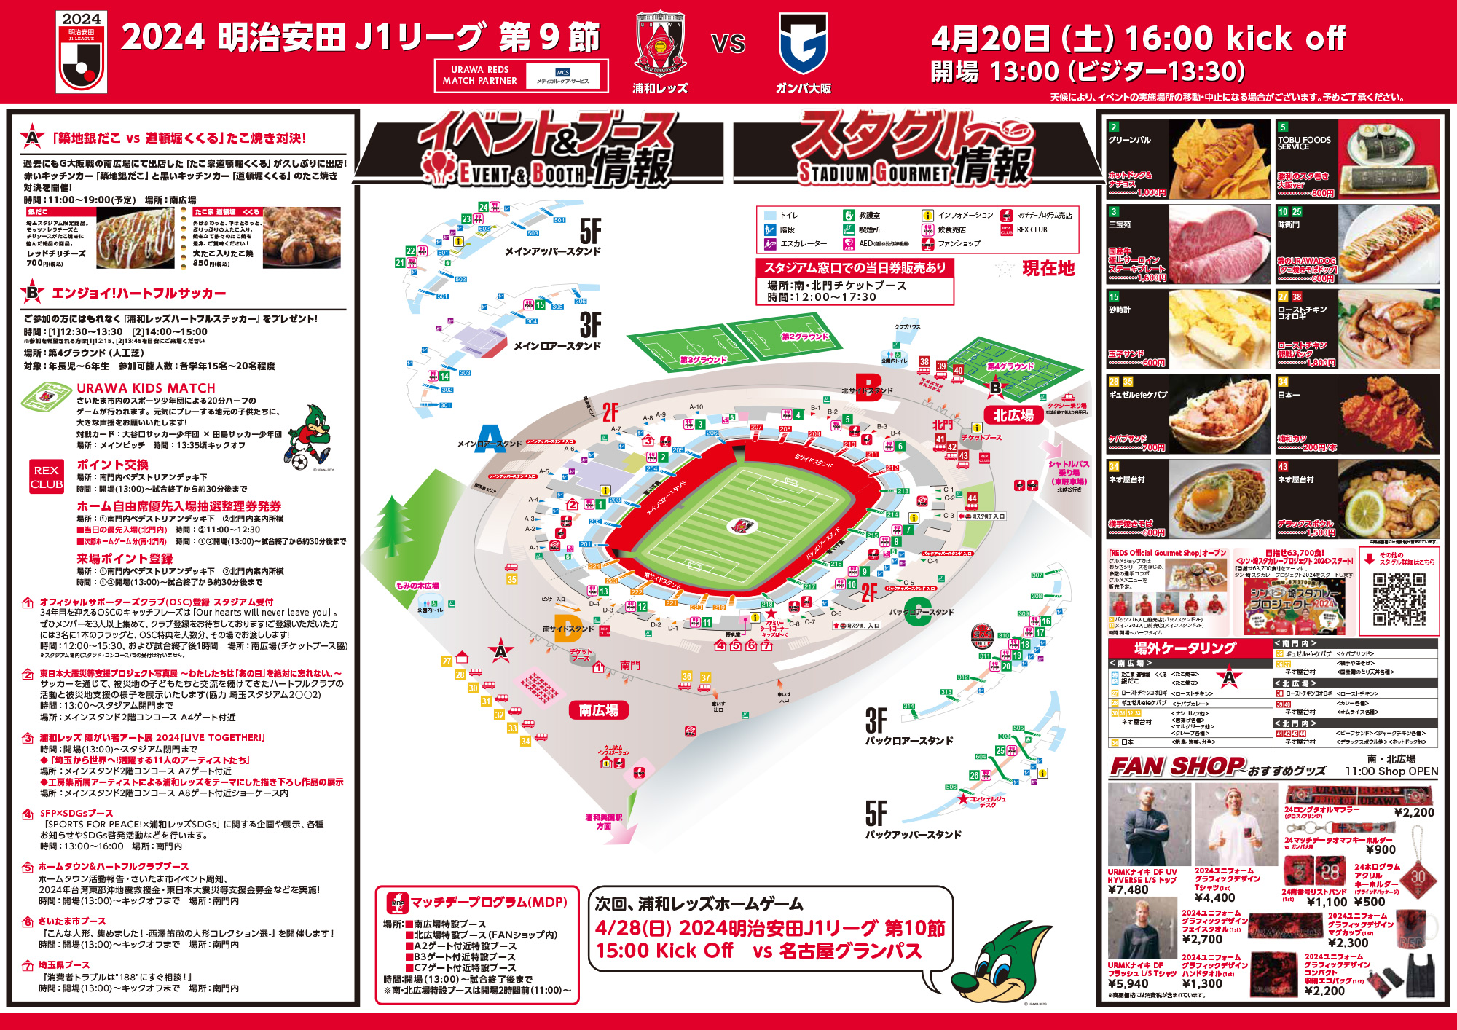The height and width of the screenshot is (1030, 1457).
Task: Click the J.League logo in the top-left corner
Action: point(82,52)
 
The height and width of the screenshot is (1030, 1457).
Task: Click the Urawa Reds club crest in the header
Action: point(660,43)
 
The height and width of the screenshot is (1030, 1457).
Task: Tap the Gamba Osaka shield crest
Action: point(803,44)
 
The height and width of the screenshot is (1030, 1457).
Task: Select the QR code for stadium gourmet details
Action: point(1399,599)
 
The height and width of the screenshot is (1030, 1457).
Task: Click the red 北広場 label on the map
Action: point(1013,416)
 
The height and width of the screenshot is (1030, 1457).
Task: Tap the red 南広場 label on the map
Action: point(598,710)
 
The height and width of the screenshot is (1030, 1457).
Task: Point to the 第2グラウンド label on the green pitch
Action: point(804,337)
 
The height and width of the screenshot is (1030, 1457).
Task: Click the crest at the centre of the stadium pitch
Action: point(742,524)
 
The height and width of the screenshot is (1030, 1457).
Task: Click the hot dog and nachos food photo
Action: point(1220,160)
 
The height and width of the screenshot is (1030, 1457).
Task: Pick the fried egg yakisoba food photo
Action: point(1220,499)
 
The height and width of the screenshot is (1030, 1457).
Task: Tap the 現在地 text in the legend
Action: point(1048,269)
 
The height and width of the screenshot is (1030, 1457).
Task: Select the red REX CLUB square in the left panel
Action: point(47,477)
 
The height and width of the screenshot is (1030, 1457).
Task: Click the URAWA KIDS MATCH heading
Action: point(146,388)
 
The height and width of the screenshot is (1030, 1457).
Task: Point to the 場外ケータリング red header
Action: point(1185,648)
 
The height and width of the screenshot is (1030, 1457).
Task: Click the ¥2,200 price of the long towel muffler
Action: point(1413,813)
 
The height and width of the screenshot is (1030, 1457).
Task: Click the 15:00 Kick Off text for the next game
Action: point(664,951)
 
